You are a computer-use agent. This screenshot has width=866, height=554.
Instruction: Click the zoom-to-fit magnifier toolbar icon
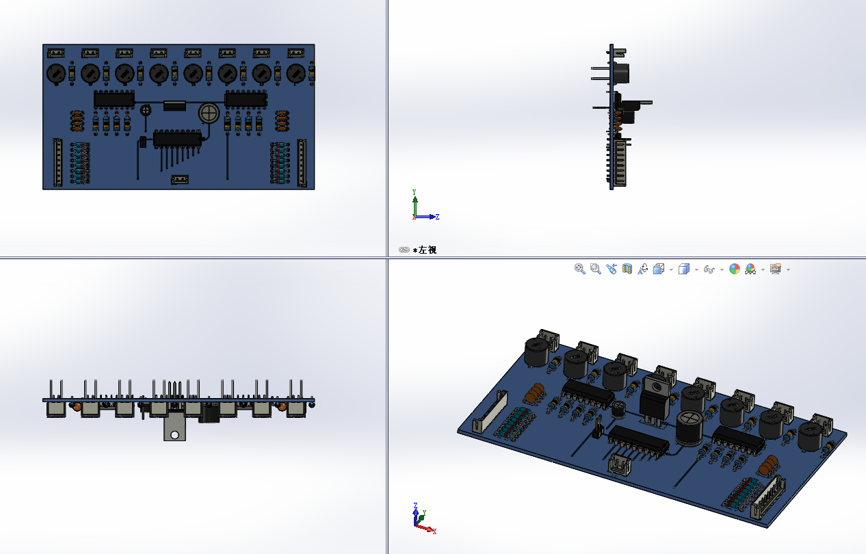[579, 269]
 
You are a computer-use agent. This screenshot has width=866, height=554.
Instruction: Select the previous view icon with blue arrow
[612, 269]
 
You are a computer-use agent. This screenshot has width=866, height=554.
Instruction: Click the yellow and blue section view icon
[627, 269]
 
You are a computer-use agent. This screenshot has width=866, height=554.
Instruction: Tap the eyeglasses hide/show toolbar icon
[709, 269]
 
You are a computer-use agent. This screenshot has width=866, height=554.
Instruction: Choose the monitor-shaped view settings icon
[776, 269]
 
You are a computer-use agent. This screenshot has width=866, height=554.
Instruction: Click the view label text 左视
[428, 250]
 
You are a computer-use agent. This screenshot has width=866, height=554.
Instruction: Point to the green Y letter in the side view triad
[414, 192]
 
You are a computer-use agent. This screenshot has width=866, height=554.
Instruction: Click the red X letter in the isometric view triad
[434, 531]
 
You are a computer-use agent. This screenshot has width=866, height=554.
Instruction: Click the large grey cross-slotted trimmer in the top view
[209, 114]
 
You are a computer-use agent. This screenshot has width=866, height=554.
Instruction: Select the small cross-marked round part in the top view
[146, 111]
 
